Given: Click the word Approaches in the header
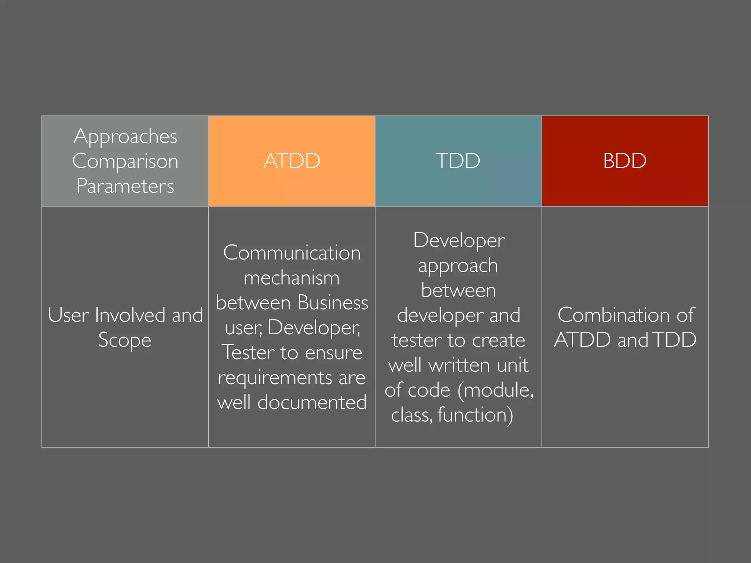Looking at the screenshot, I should pos(125,136).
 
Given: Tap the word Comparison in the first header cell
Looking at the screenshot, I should pos(125,161).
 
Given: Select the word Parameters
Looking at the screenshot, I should pos(125,186).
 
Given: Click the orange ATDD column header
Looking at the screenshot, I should pos(292,161).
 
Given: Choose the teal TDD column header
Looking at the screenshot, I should pos(458,161).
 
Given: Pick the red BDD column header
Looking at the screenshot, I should pos(624,161).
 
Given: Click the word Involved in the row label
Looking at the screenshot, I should pos(130,315).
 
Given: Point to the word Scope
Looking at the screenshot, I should pos(125,340).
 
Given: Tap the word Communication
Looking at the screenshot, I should pos(292,253).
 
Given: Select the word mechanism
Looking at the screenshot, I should pos(292,278).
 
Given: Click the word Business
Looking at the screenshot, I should pos(333,303).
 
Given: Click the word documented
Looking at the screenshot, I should pos(312,402).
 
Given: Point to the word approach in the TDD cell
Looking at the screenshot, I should pos(458,265).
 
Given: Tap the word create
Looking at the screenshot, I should pos(498,340).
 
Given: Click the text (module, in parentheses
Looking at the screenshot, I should pos(495,390).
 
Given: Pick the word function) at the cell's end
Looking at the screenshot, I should pos(475,415).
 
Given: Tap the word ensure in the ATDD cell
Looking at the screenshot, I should pos(333,353).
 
